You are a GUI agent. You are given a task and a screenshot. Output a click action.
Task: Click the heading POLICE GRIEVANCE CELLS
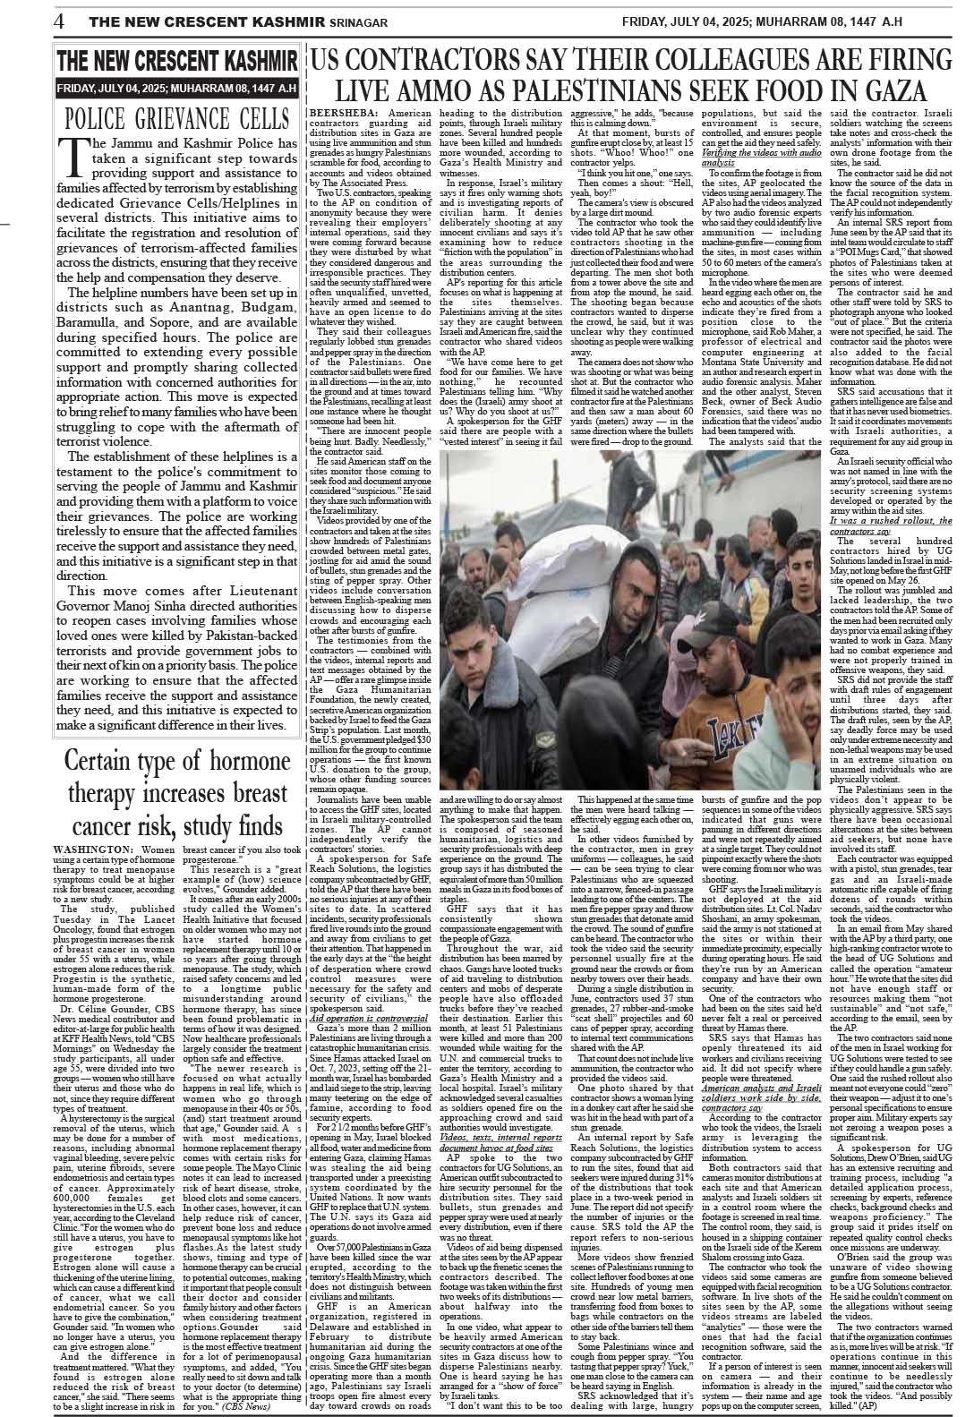(176, 119)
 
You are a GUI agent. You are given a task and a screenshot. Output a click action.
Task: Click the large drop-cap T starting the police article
(72, 156)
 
